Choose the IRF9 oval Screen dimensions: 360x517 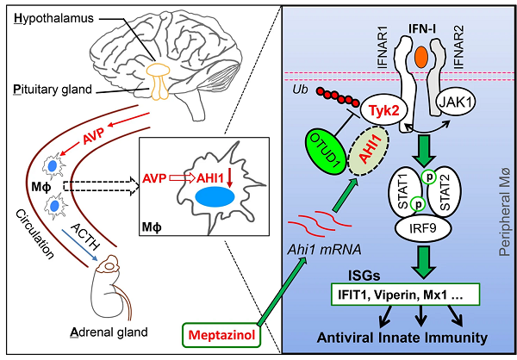click(416, 229)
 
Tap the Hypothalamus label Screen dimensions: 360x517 click(53, 17)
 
